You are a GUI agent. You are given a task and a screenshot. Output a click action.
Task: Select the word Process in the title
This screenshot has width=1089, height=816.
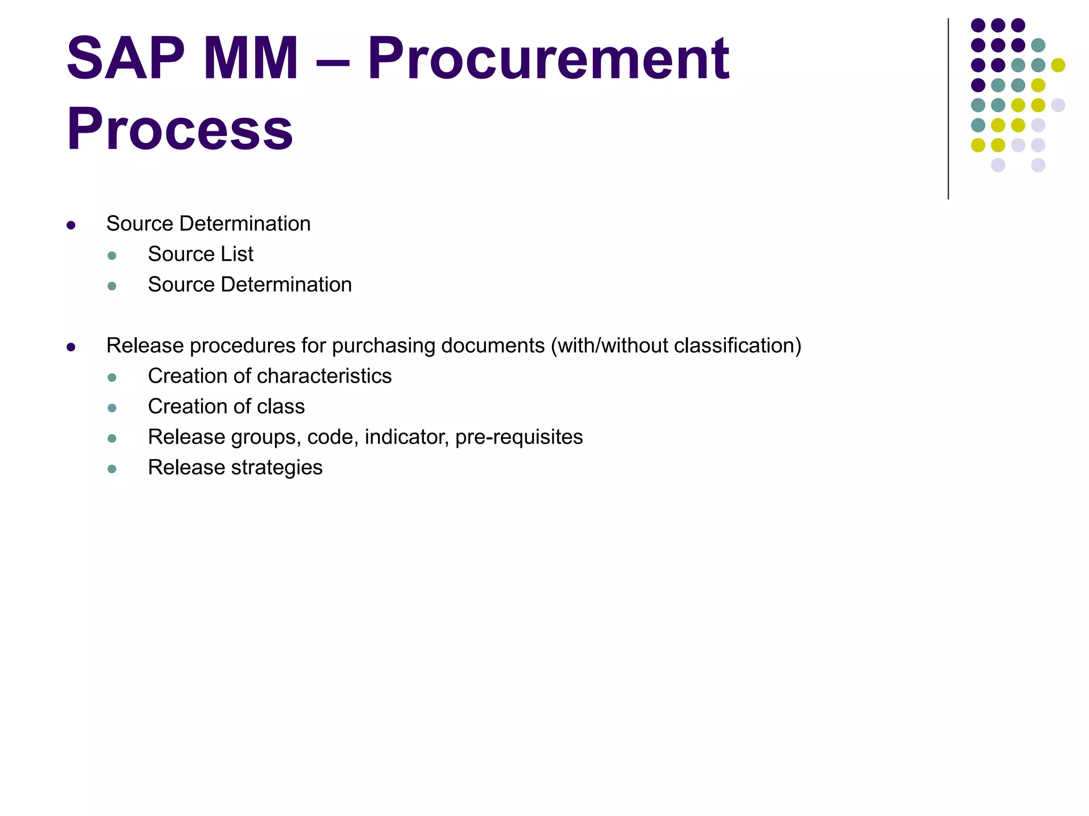tap(180, 129)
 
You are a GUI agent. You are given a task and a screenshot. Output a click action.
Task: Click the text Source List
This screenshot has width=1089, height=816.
tap(200, 254)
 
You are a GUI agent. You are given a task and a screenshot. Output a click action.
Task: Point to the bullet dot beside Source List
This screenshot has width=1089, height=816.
tap(112, 256)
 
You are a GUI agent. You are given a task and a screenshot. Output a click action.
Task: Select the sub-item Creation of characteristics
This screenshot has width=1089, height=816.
tap(270, 376)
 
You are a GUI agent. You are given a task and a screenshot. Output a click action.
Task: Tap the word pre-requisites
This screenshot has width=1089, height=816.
tap(519, 437)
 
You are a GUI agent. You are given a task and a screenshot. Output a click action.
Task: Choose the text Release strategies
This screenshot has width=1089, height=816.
tap(235, 467)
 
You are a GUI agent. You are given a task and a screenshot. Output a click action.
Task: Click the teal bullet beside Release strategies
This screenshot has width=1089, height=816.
tap(112, 469)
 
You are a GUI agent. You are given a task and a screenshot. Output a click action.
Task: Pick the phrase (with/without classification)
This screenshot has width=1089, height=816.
tap(676, 346)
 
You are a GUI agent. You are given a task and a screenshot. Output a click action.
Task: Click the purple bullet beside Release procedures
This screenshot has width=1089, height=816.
tap(71, 347)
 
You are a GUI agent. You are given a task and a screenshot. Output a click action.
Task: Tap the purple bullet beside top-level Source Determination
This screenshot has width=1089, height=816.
tap(71, 225)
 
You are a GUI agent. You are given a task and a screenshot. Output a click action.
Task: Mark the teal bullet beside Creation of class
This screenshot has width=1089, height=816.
tap(112, 408)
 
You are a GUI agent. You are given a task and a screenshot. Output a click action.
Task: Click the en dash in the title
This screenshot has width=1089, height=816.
tap(333, 59)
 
